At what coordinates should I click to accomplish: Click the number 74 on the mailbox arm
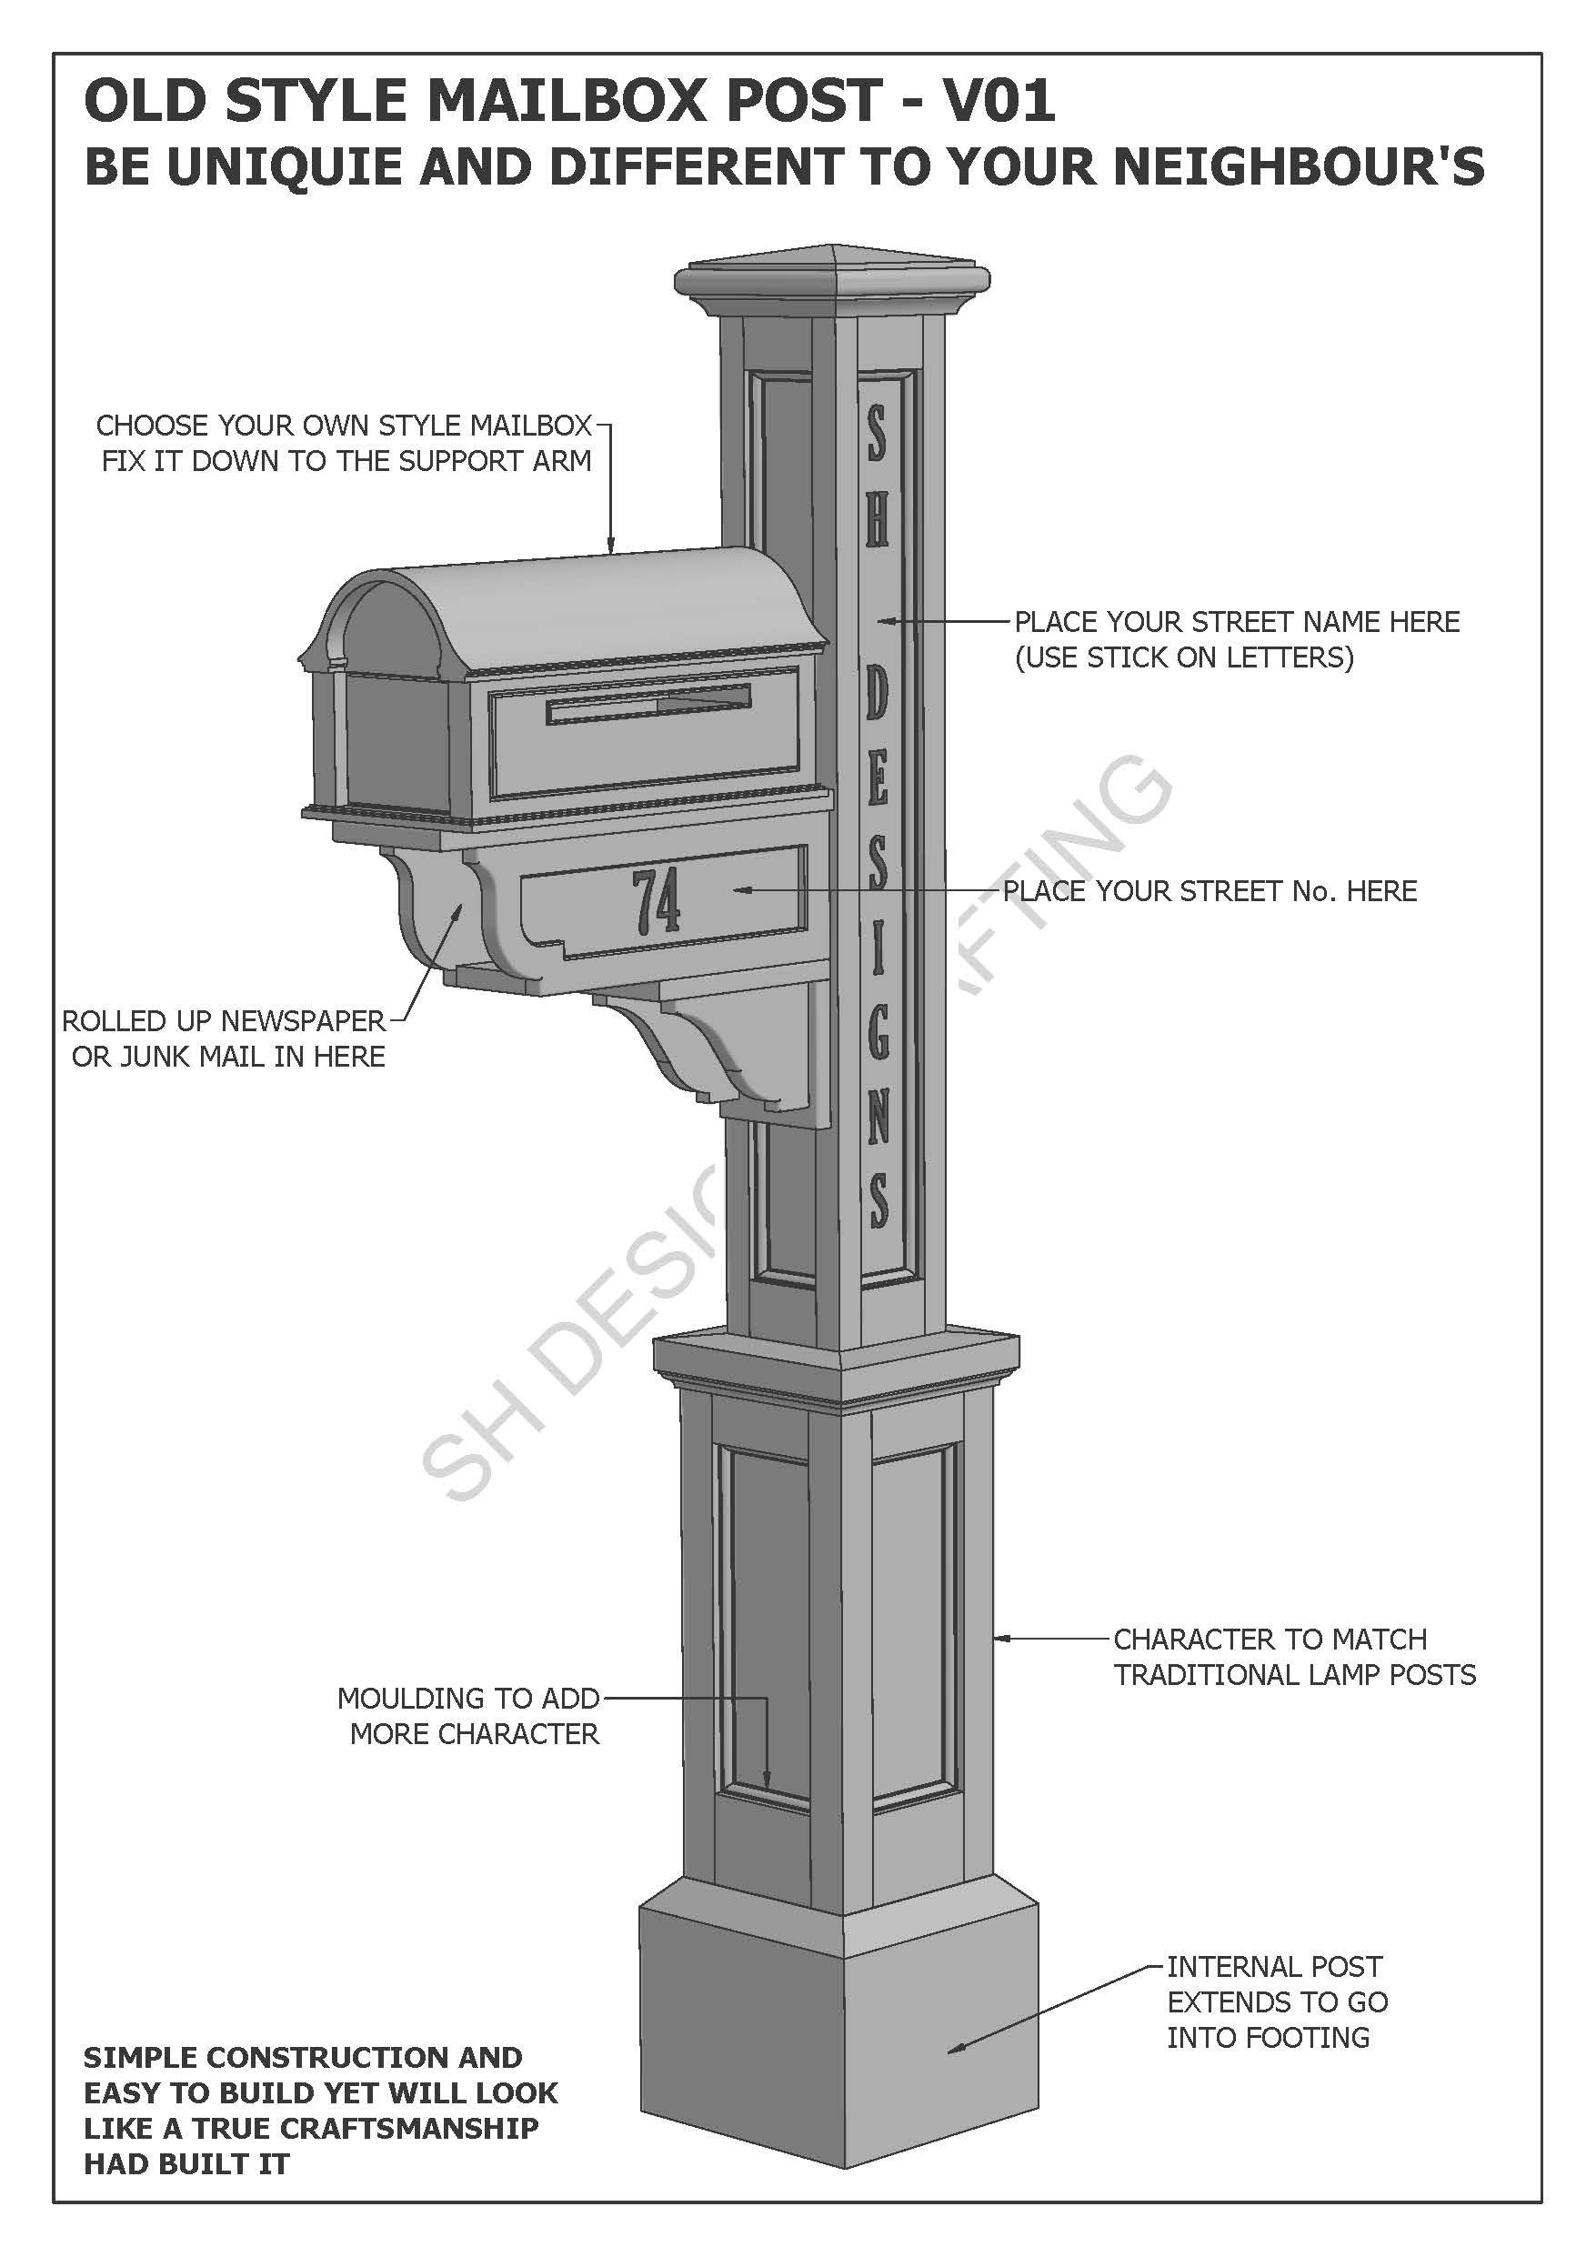click(656, 901)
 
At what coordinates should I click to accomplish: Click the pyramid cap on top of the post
click(833, 258)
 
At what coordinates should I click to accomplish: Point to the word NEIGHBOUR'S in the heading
click(1298, 166)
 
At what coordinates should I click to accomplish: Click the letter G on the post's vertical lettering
click(878, 1031)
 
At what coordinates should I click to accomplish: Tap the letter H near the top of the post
click(876, 519)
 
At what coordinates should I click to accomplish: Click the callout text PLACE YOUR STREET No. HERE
click(1210, 890)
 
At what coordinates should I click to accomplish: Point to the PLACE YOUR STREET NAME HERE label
click(1236, 622)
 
